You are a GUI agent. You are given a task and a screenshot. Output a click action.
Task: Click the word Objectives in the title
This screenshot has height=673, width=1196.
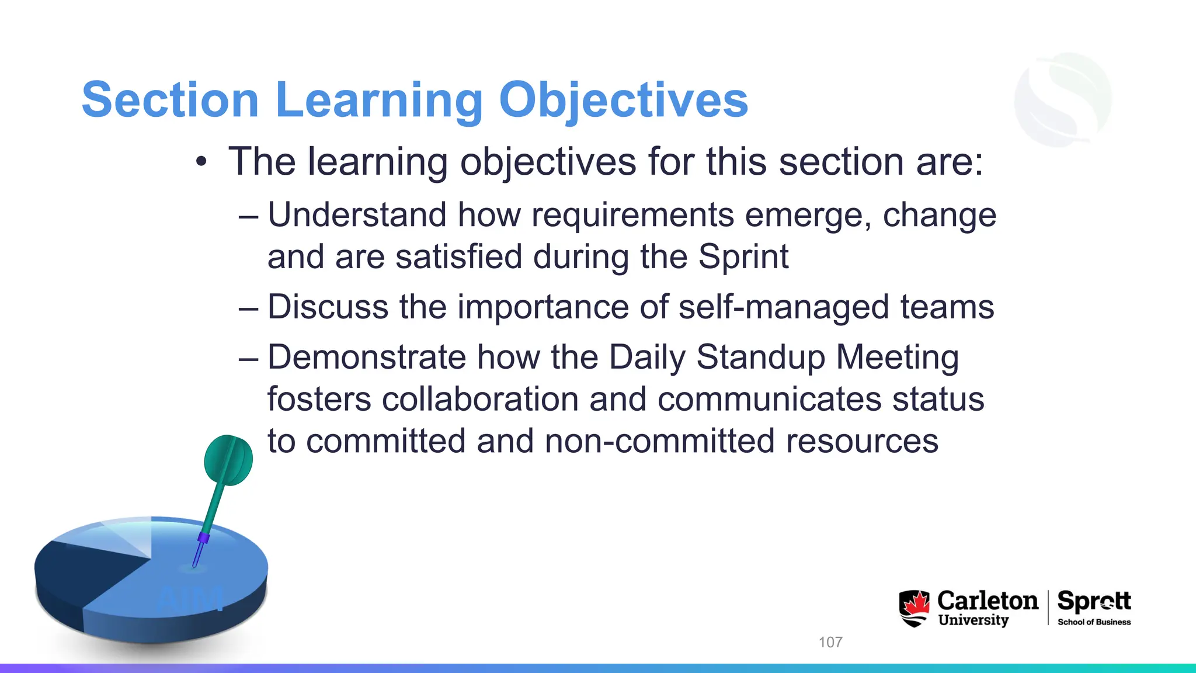[623, 100]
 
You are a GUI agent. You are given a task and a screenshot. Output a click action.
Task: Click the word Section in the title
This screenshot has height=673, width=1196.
[170, 100]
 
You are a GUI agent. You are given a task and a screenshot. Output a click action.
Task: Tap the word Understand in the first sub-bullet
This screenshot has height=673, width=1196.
[356, 215]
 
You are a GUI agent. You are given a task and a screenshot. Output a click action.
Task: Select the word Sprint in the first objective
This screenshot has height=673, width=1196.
[743, 257]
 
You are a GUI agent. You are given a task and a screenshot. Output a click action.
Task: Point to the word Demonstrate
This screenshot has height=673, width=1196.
[366, 358]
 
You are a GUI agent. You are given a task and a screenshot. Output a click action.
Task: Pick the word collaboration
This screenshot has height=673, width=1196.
[479, 400]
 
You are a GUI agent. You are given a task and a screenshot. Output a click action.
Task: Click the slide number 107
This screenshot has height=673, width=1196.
[830, 642]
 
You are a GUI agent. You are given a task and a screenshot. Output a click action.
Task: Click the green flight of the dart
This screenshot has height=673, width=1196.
[228, 460]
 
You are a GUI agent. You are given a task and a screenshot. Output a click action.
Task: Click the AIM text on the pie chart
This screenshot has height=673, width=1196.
[190, 599]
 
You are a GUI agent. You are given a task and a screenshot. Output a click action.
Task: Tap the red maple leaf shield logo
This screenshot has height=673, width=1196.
[914, 608]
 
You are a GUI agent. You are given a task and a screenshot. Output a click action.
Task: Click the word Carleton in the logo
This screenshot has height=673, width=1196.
[988, 601]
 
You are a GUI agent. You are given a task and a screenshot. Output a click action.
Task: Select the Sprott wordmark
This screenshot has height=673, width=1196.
[1094, 601]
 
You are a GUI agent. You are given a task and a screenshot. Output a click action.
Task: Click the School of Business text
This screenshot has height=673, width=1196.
[1094, 622]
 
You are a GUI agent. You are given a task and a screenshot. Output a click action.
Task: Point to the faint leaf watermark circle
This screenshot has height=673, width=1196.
[1063, 99]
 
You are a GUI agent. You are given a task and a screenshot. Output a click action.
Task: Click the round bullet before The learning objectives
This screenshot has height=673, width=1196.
[201, 162]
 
